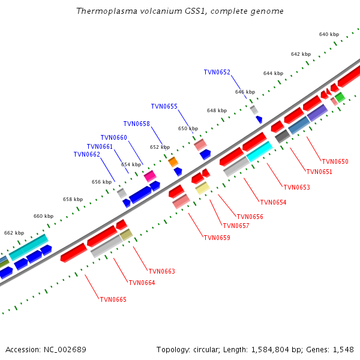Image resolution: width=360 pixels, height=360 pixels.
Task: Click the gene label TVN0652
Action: [x=217, y=72]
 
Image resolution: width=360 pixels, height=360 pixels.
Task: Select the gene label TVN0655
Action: [x=164, y=106]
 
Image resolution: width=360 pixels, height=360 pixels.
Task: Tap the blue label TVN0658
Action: [x=136, y=124]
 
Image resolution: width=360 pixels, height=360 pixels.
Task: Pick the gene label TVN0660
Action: [x=113, y=137]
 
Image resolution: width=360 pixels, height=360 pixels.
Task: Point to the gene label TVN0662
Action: [x=86, y=154]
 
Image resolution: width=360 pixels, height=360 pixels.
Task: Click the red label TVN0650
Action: [x=335, y=161]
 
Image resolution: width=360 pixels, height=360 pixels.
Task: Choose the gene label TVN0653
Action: [x=296, y=187]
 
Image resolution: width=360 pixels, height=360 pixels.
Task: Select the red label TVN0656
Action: [x=250, y=217]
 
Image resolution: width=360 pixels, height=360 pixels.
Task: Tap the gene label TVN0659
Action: [x=217, y=238]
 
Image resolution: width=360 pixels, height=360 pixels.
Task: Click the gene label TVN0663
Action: [x=161, y=271]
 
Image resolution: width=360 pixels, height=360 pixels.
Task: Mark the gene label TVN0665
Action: [x=113, y=299]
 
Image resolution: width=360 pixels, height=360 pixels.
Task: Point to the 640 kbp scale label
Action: [x=328, y=34]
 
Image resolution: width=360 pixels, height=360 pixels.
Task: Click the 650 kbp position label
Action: [x=188, y=128]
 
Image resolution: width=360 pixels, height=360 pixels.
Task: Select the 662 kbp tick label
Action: [x=14, y=233]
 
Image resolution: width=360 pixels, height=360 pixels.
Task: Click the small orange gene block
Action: [x=173, y=161]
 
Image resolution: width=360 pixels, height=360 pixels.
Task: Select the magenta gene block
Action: [x=149, y=175]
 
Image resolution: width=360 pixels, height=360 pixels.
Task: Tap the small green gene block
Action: [x=340, y=97]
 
